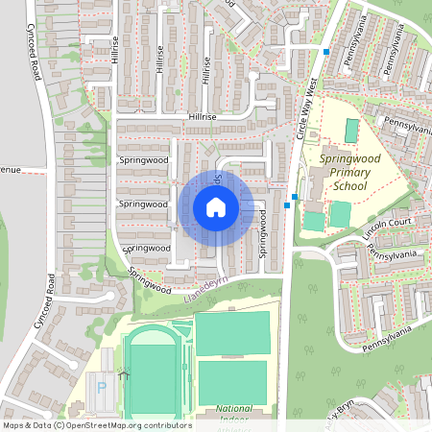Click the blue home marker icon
(x=216, y=207)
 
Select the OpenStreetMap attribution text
(x=97, y=424)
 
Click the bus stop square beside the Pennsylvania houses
(x=326, y=51)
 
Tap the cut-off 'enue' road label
(x=10, y=170)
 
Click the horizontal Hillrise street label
(x=203, y=116)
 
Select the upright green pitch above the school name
(x=351, y=131)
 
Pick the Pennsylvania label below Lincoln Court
(x=394, y=252)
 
